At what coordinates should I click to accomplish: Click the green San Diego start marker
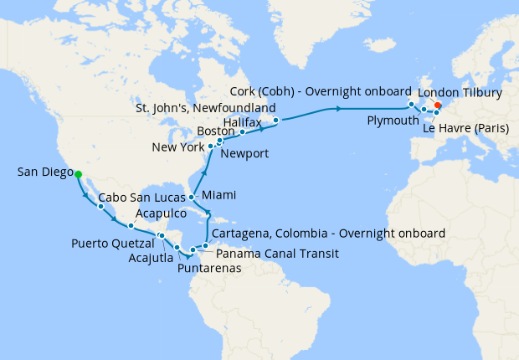coord(78,174)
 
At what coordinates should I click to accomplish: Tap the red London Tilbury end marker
coord(438,105)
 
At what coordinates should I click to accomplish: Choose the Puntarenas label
coord(209,269)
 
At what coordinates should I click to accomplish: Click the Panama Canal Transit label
coord(277,252)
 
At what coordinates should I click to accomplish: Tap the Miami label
coord(219,194)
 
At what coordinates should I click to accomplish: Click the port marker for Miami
coord(192,198)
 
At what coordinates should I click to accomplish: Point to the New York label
coord(178,147)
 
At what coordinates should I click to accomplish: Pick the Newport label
coord(244,153)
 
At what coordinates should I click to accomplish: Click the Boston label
coord(215,131)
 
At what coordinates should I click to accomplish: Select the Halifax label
coord(244,121)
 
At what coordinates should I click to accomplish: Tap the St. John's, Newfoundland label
coord(206,108)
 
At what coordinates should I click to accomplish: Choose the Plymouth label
coord(393,121)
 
